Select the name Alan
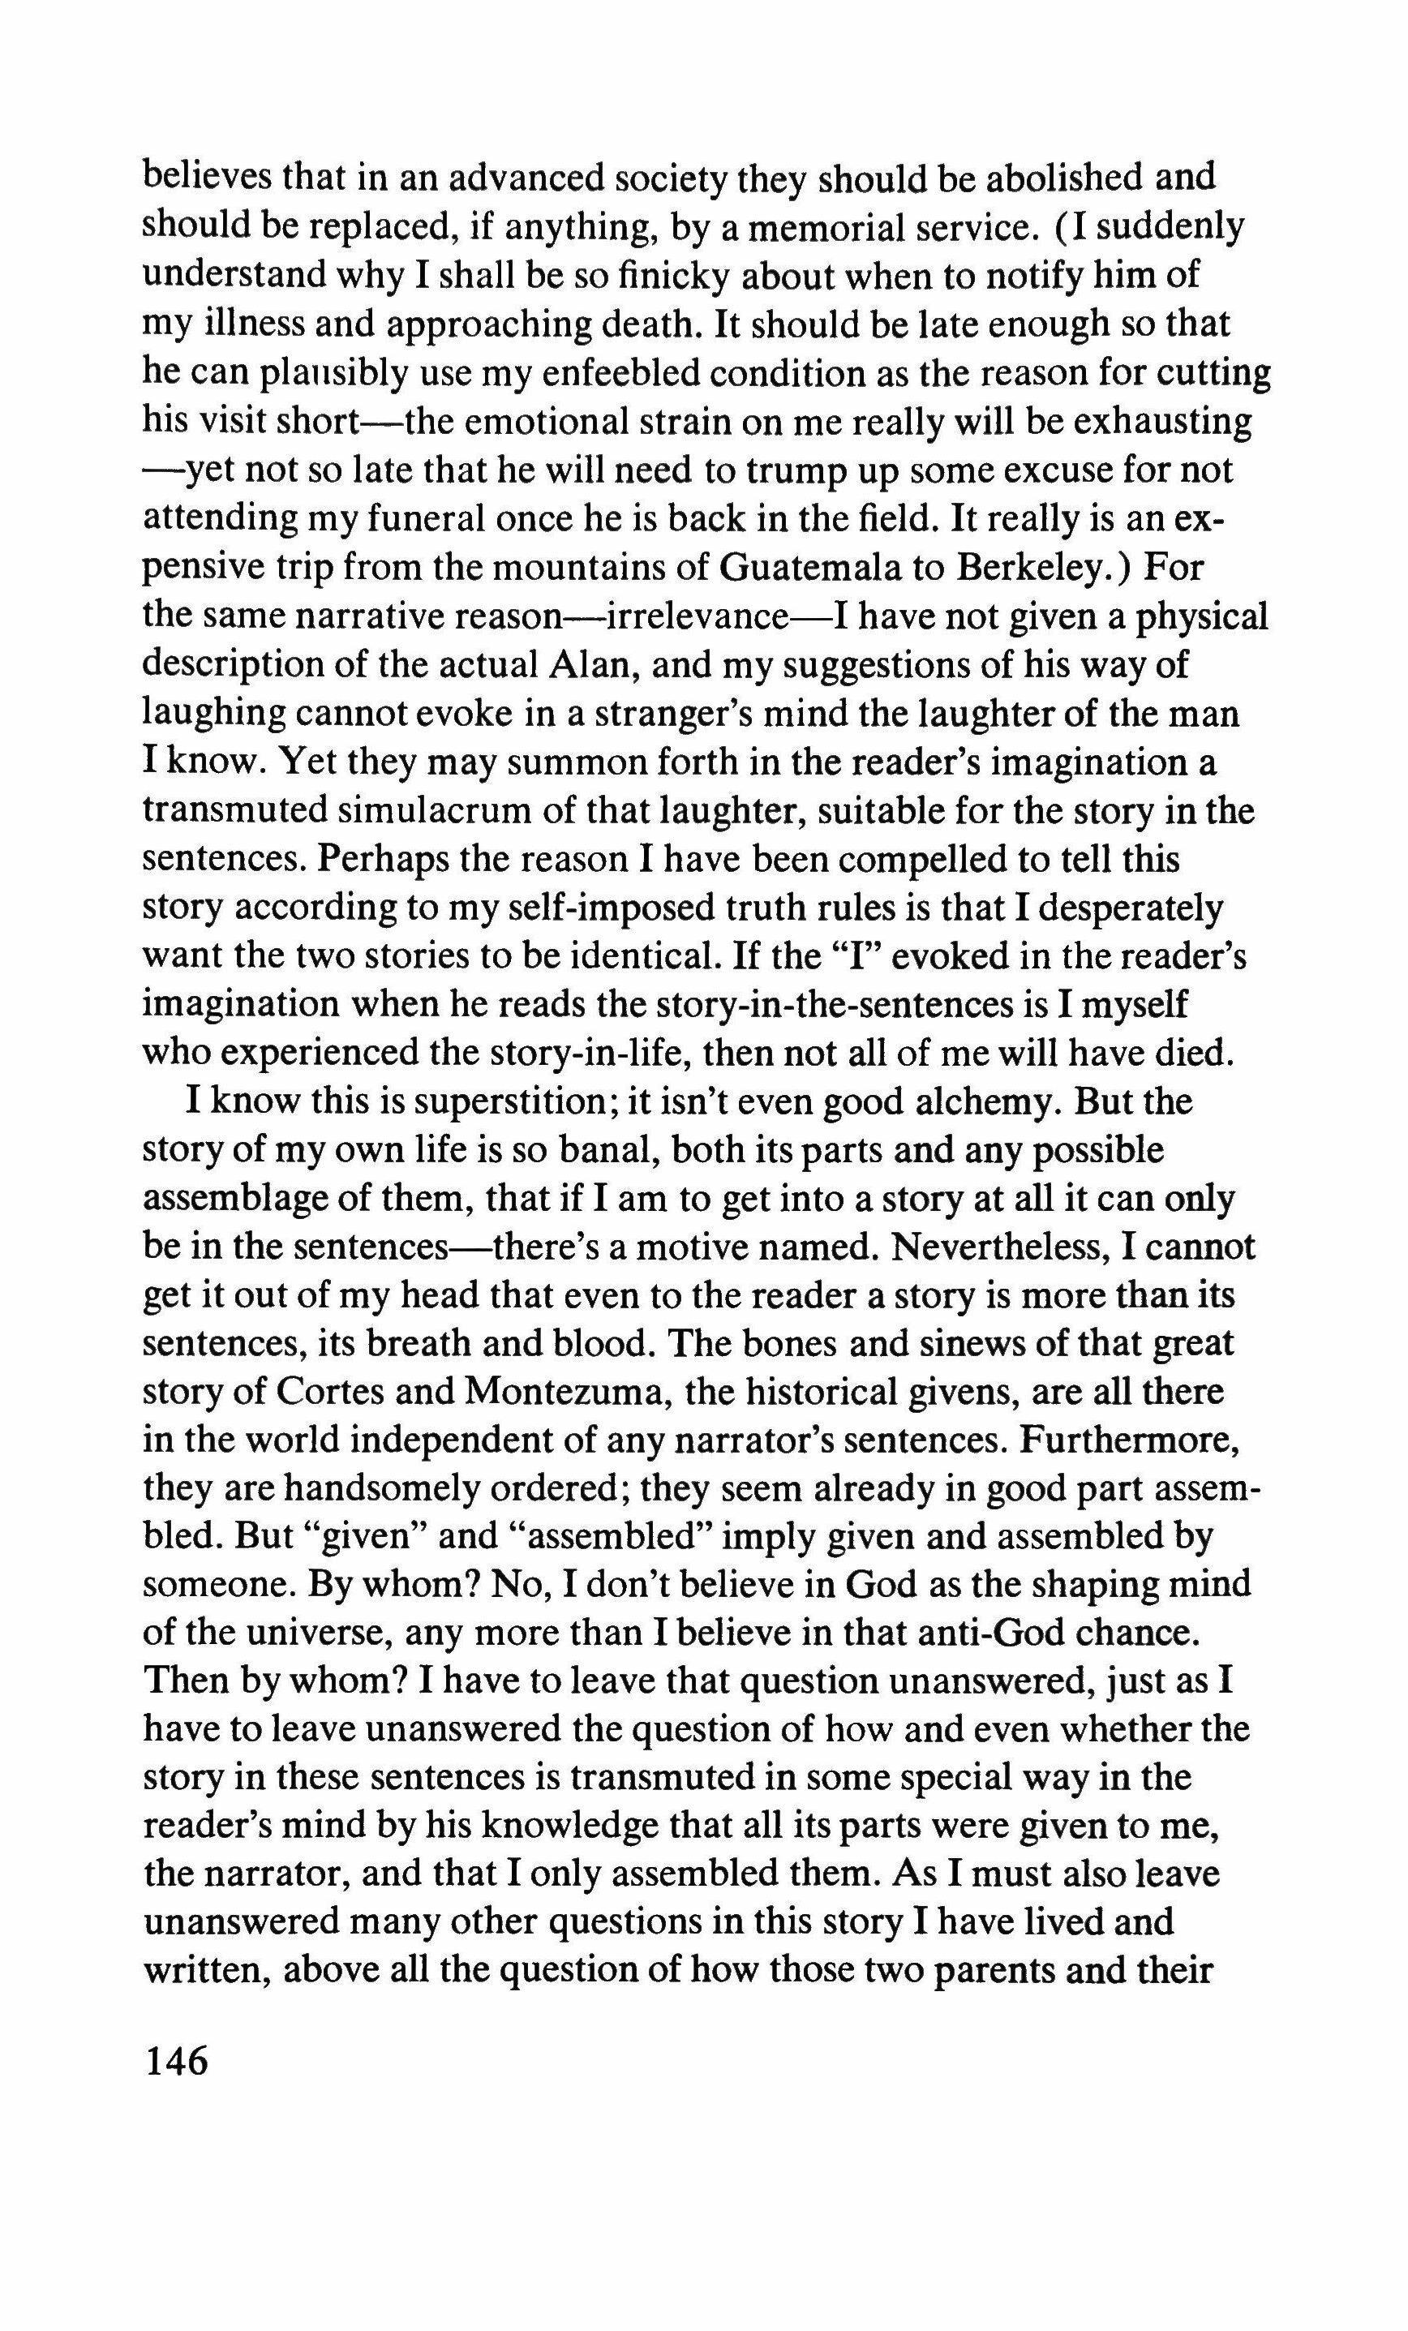[583, 664]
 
